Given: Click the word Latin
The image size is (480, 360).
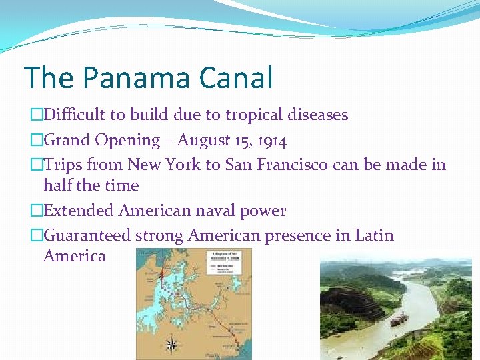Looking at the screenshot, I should [x=374, y=235].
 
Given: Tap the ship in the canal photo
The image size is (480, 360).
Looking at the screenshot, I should [x=399, y=319].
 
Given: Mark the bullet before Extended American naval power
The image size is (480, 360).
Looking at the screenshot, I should [x=36, y=211].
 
